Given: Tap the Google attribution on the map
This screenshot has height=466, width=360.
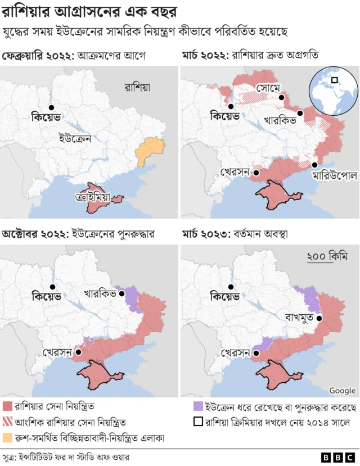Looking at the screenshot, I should [342, 391].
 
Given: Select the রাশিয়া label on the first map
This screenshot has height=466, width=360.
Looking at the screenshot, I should [141, 87].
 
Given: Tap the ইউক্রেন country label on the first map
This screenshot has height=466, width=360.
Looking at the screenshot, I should [75, 138].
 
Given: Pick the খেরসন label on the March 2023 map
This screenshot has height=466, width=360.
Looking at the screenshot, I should [235, 354].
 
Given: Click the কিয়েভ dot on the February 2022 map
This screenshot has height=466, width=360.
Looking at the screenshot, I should [51, 107].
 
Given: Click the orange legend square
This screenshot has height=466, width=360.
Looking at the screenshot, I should [7, 436].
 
